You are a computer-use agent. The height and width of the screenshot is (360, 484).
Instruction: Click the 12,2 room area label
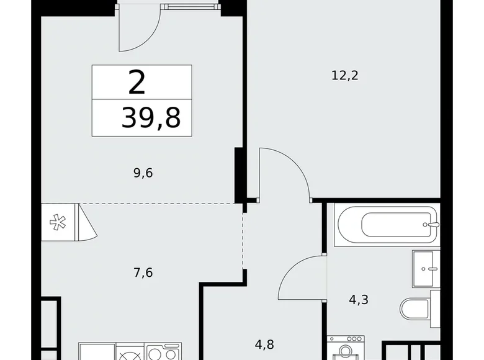click(x=346, y=76)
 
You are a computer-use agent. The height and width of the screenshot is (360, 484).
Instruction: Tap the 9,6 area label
click(x=143, y=173)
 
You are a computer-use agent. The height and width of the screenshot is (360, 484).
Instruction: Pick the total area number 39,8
click(x=151, y=117)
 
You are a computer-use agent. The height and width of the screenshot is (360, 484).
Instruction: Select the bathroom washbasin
click(x=427, y=269)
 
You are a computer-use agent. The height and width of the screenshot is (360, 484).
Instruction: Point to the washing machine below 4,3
click(x=346, y=349)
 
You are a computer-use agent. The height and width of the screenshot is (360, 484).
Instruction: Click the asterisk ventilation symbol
click(x=60, y=222)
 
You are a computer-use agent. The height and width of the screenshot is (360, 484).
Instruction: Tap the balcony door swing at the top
click(x=139, y=31)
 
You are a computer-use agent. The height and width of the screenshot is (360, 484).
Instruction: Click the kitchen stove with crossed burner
click(x=130, y=354)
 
